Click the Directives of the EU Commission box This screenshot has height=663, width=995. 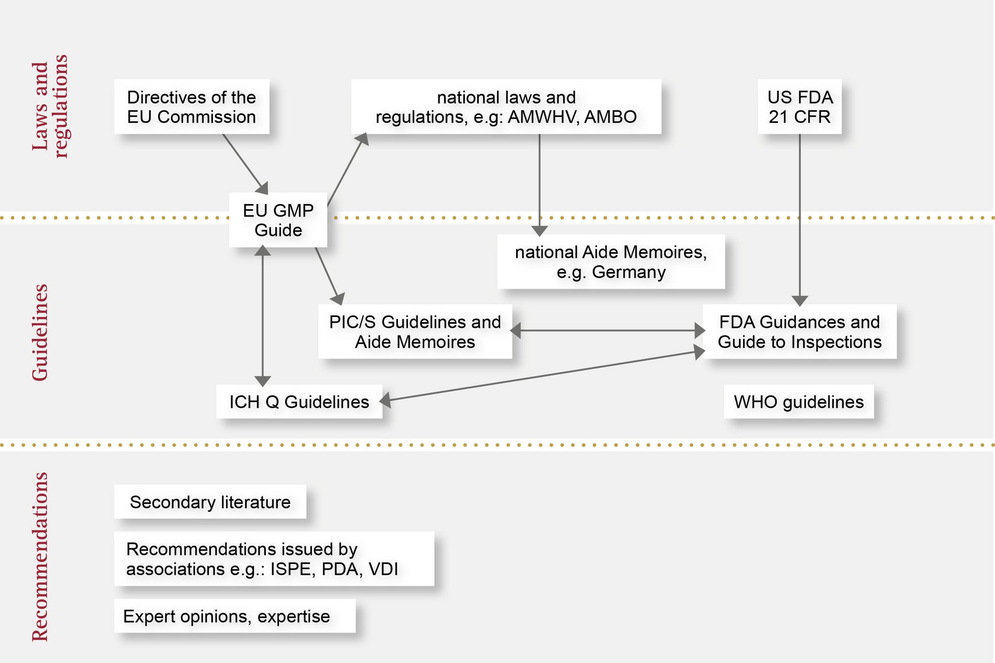[191, 107]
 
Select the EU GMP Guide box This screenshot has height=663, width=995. [278, 220]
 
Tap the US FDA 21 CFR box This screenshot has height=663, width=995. [799, 107]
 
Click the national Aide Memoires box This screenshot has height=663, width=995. [610, 262]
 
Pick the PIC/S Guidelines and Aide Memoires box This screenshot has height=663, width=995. [415, 331]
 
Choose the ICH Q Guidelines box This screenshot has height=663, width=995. [299, 402]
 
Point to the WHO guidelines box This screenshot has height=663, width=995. [798, 402]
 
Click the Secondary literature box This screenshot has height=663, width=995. [210, 502]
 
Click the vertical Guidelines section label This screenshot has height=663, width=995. [40, 333]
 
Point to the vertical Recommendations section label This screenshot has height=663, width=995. [40, 557]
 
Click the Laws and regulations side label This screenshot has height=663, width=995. [50, 106]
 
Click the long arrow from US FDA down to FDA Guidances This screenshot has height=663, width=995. [800, 218]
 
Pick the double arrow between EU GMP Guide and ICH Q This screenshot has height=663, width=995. [263, 316]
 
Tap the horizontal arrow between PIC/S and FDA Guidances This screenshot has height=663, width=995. [607, 330]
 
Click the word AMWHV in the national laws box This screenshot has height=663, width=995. [542, 117]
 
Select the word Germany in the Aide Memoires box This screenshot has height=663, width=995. [629, 272]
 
